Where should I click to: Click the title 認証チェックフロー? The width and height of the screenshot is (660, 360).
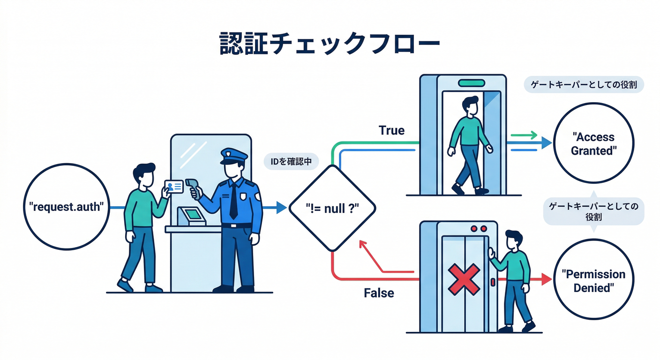(x=330, y=45)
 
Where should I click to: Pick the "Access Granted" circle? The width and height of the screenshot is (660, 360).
(x=593, y=143)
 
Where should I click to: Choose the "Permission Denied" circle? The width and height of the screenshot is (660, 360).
(x=593, y=280)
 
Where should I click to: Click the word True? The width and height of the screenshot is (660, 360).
(x=391, y=130)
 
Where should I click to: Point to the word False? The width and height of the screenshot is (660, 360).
(x=379, y=293)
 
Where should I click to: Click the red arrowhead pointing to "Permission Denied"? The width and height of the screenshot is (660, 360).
(x=546, y=279)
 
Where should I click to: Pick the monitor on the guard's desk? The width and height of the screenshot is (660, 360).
(x=193, y=215)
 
